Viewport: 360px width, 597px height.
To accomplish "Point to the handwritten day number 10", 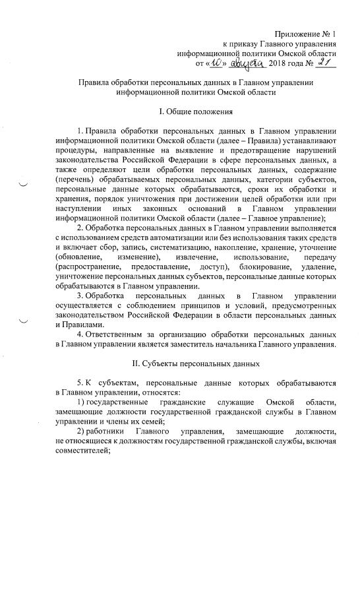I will pyautogui.click(x=218, y=63).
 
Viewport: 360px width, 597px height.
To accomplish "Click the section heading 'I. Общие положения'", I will pyautogui.click(x=198, y=111).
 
